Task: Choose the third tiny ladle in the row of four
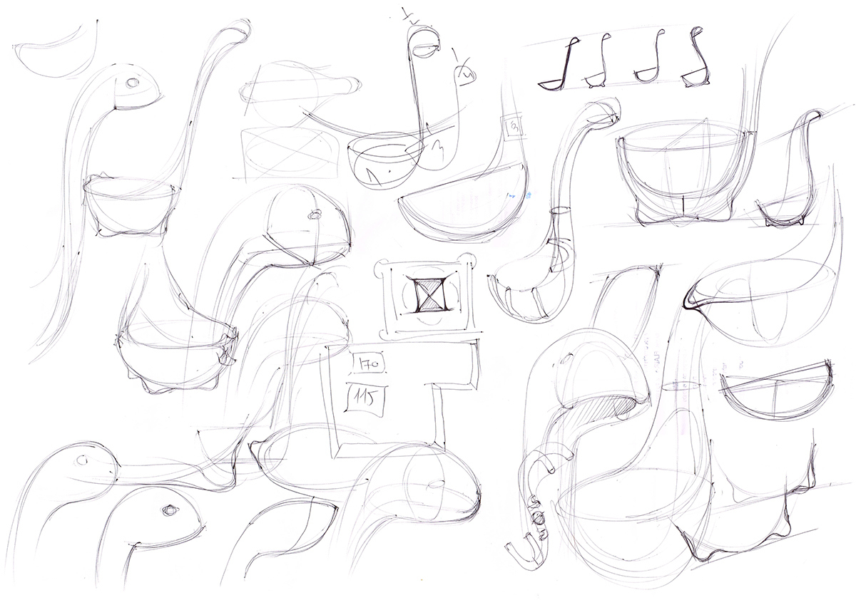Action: coord(649,61)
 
